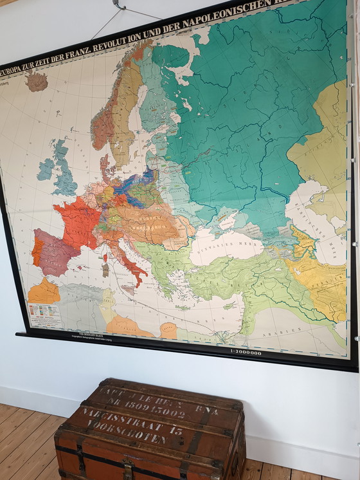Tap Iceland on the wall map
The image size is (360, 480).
tap(37, 81)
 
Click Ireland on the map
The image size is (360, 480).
tap(46, 169)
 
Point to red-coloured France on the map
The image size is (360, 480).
tap(77, 222)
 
